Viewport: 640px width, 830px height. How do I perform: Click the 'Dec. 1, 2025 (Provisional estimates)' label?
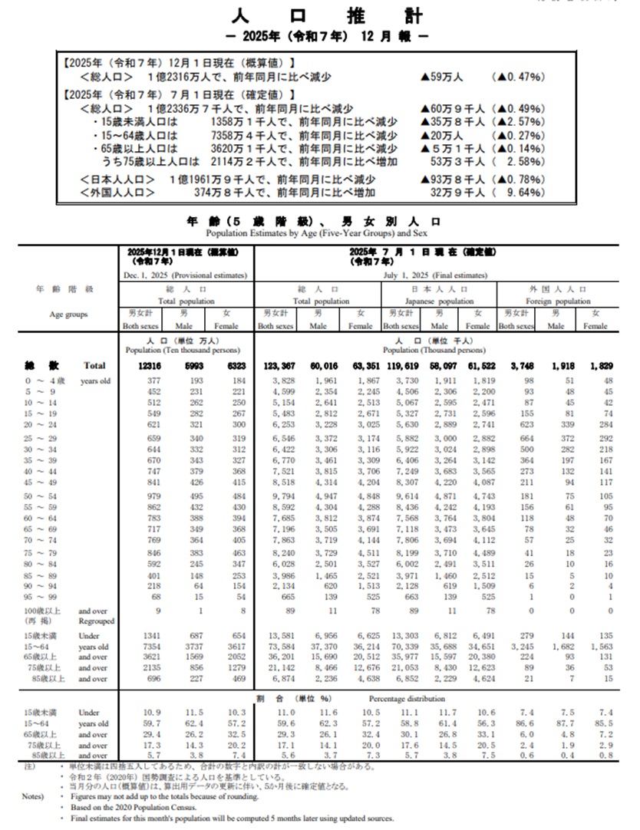point(187,275)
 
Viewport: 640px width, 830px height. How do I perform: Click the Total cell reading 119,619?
point(400,367)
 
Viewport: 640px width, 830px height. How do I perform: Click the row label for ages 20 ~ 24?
point(41,423)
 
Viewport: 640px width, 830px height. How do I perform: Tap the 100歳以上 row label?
point(43,611)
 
